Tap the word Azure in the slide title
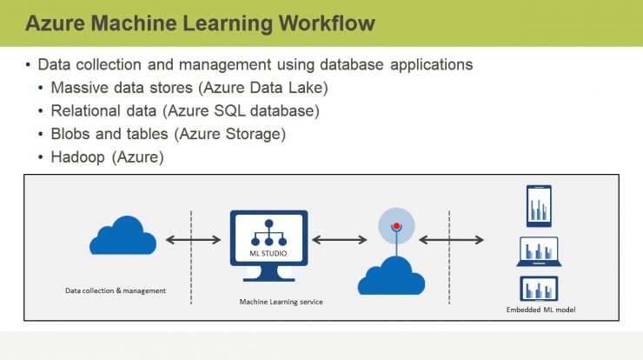point(56,23)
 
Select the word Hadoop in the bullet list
point(78,157)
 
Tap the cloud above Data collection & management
point(123,235)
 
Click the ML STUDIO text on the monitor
point(268,253)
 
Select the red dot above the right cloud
point(396,226)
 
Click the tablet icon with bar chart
point(539,206)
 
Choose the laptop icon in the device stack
point(539,251)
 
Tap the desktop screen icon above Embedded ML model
point(539,289)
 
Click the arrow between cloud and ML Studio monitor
point(193,240)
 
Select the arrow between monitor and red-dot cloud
point(339,240)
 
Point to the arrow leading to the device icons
point(451,240)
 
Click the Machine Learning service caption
point(281,302)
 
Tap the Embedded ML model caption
point(540,310)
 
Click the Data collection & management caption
point(116,290)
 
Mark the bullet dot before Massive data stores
point(40,88)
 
